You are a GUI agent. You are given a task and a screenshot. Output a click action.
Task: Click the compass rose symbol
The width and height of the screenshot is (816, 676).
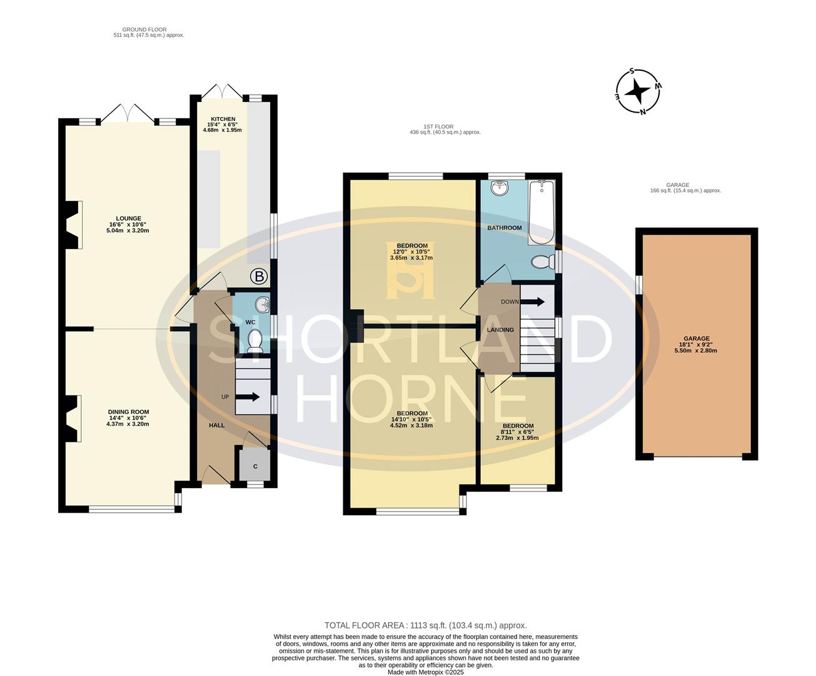(x=638, y=91)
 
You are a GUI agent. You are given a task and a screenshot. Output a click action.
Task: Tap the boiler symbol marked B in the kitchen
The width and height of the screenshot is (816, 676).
(x=258, y=276)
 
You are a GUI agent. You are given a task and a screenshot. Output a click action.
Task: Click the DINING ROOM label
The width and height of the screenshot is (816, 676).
(x=128, y=417)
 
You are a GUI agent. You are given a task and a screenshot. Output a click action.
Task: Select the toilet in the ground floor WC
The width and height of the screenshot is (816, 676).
(x=254, y=341)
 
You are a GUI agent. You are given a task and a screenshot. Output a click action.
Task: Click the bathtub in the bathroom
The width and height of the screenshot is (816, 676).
(x=541, y=212)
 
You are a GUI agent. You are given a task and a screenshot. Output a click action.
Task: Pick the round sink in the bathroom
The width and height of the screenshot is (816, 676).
(x=499, y=188)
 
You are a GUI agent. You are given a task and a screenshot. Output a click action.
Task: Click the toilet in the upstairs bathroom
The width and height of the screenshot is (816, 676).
(x=541, y=262)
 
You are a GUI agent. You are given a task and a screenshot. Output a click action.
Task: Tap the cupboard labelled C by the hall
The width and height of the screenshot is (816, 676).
(x=254, y=466)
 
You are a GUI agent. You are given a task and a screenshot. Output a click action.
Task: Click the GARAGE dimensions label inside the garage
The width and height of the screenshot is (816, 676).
(x=696, y=344)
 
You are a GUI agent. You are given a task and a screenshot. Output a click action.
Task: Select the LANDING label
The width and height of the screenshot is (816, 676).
(x=500, y=330)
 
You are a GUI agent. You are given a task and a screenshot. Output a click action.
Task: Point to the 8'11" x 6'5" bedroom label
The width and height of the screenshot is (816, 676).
(x=517, y=432)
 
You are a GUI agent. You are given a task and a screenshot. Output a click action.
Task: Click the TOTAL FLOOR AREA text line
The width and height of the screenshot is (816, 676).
(x=425, y=625)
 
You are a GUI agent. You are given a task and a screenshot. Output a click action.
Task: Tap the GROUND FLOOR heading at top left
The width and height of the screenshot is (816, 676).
(x=144, y=32)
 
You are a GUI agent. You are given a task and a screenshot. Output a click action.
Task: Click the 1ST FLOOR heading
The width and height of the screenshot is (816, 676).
(x=445, y=130)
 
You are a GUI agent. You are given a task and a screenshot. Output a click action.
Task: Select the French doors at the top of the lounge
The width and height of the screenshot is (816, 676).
(x=128, y=114)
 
